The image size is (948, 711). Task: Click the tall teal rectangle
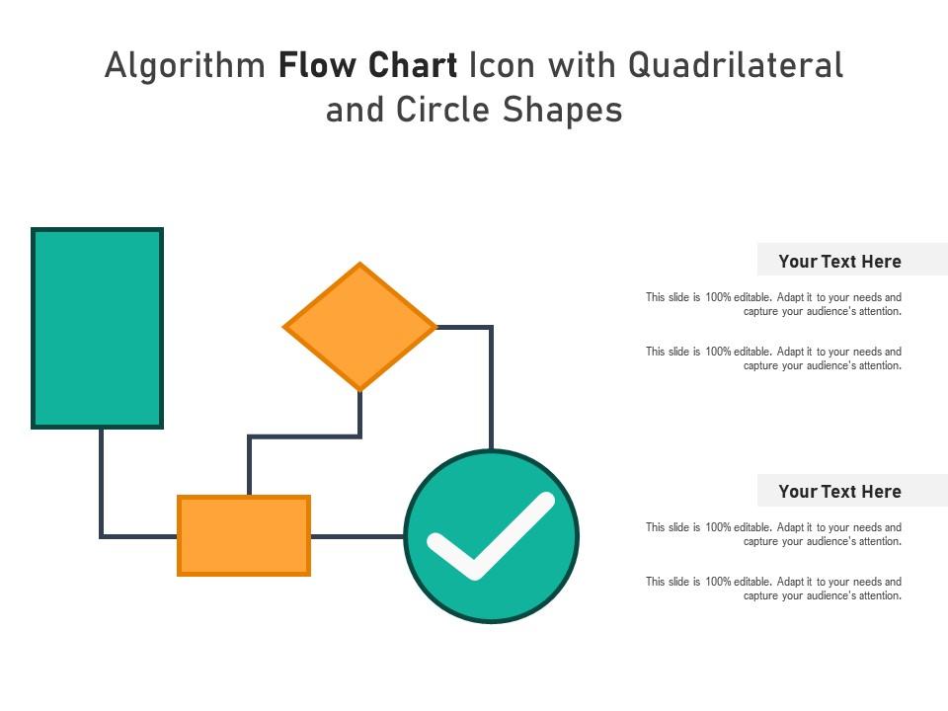(98, 328)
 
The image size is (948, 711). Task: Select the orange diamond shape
(359, 327)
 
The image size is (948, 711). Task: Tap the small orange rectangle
(244, 535)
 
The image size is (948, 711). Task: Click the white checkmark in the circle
(491, 536)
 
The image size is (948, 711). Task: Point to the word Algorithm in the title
(185, 66)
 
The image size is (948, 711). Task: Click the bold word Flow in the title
(318, 65)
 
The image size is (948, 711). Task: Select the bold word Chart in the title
(413, 65)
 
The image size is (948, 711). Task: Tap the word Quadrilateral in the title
(735, 65)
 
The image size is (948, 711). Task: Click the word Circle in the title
(442, 110)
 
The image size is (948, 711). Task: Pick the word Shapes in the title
(562, 111)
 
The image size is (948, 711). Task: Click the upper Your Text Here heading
(839, 261)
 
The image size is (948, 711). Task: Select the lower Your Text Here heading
(839, 492)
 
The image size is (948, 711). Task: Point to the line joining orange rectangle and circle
(357, 536)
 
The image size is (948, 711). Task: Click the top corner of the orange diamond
(359, 262)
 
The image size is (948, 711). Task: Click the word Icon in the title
(503, 65)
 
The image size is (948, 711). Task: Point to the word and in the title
(355, 110)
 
